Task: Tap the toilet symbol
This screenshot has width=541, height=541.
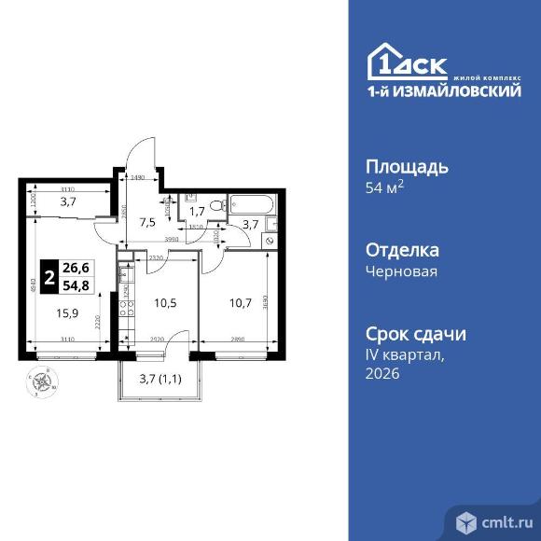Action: [215, 205]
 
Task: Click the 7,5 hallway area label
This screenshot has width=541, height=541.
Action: [148, 222]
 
